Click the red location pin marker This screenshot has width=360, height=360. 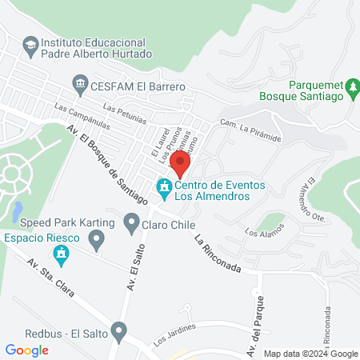(181, 163)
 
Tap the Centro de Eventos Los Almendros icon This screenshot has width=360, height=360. (165, 190)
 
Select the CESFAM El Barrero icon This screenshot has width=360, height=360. (80, 83)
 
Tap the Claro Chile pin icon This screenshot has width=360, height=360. (132, 220)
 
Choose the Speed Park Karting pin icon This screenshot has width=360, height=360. (97, 238)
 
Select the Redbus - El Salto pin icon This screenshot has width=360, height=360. (119, 329)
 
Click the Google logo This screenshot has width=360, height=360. (27, 350)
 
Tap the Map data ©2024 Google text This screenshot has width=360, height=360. (311, 354)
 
